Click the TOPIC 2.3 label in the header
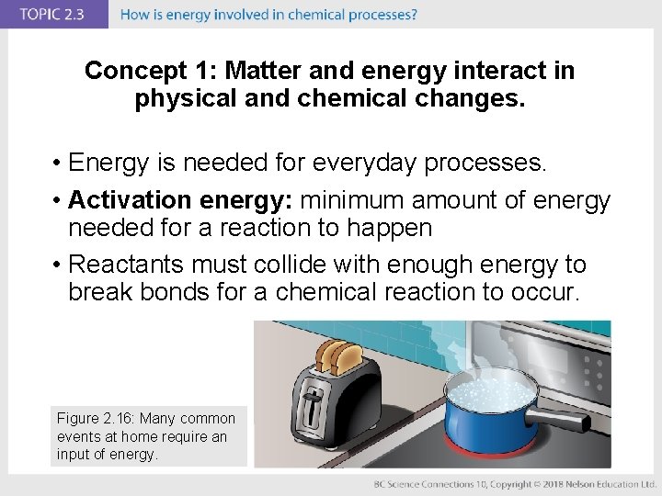click(51, 15)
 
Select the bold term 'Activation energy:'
click(180, 199)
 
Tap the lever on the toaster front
click(314, 402)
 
